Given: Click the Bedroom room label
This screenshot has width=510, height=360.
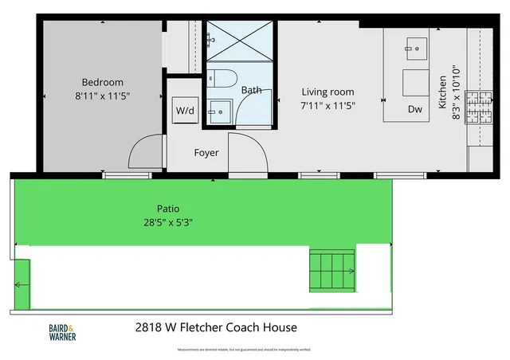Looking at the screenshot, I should coord(102,82).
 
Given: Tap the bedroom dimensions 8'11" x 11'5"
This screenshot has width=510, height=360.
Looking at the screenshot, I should coord(102,96).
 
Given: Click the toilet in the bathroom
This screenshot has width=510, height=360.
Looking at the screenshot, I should coord(222,79).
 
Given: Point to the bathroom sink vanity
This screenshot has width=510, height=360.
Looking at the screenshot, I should coord(219,113).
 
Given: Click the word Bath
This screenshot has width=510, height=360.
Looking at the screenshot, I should coord(251,91).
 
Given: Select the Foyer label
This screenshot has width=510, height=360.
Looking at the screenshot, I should coord(206,152).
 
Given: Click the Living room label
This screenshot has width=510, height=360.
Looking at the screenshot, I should coord(327,92).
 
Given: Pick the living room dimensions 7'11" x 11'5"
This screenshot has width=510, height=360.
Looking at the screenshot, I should coord(327,104).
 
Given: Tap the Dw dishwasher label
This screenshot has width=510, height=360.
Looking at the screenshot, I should coord(414,109).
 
